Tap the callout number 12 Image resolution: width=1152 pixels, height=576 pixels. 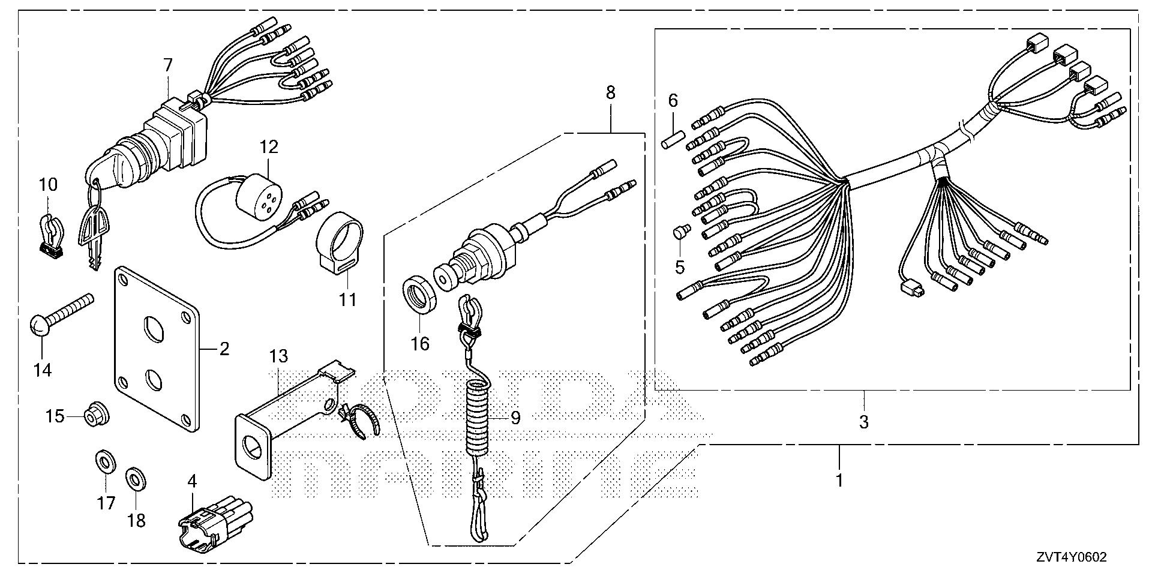pyautogui.click(x=269, y=146)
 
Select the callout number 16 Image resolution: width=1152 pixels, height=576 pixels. pyautogui.click(x=421, y=344)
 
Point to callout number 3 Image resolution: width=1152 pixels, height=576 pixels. pyautogui.click(x=863, y=422)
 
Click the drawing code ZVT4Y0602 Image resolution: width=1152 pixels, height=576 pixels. pyautogui.click(x=1070, y=557)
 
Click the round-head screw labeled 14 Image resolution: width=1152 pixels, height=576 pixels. pyautogui.click(x=62, y=312)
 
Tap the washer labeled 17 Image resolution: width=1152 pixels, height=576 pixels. pyautogui.click(x=106, y=463)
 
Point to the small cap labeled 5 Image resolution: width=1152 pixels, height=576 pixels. pyautogui.click(x=680, y=232)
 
